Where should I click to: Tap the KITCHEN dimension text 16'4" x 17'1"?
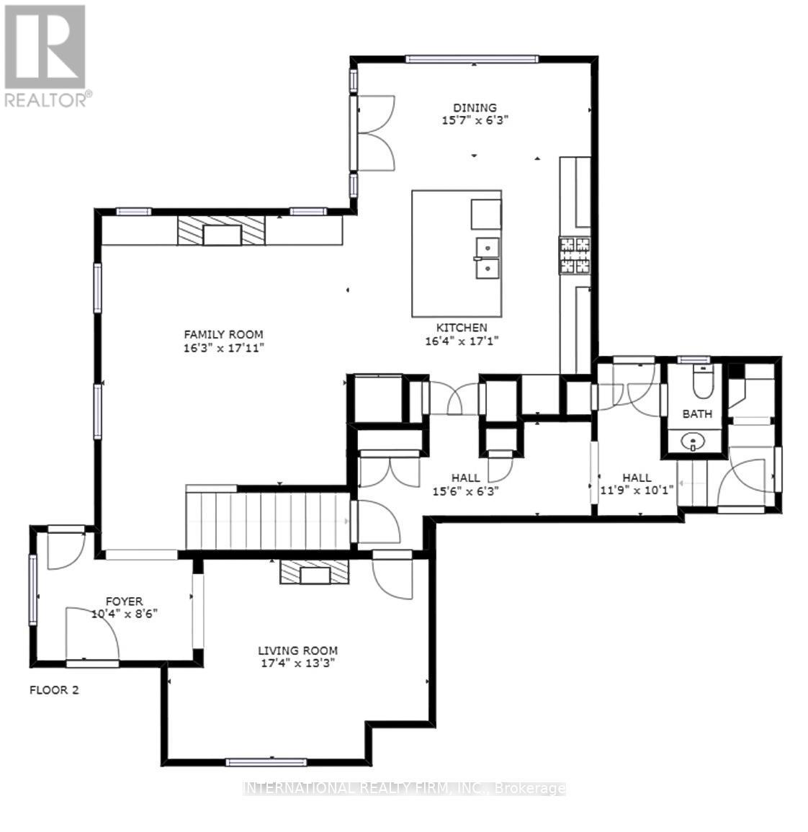(x=462, y=341)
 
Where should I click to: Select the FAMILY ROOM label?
(x=223, y=334)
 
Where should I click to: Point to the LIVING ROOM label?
(x=297, y=650)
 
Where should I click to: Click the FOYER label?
(x=124, y=601)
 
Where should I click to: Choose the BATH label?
(x=696, y=413)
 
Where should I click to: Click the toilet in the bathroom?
(x=701, y=382)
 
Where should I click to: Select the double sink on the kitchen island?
(x=487, y=258)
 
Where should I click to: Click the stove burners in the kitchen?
(x=575, y=256)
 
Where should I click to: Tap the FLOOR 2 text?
(x=54, y=690)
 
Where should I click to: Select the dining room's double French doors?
(x=373, y=133)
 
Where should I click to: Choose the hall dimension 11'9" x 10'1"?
(x=637, y=491)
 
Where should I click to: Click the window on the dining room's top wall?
(x=472, y=59)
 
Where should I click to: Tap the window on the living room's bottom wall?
(x=266, y=762)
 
